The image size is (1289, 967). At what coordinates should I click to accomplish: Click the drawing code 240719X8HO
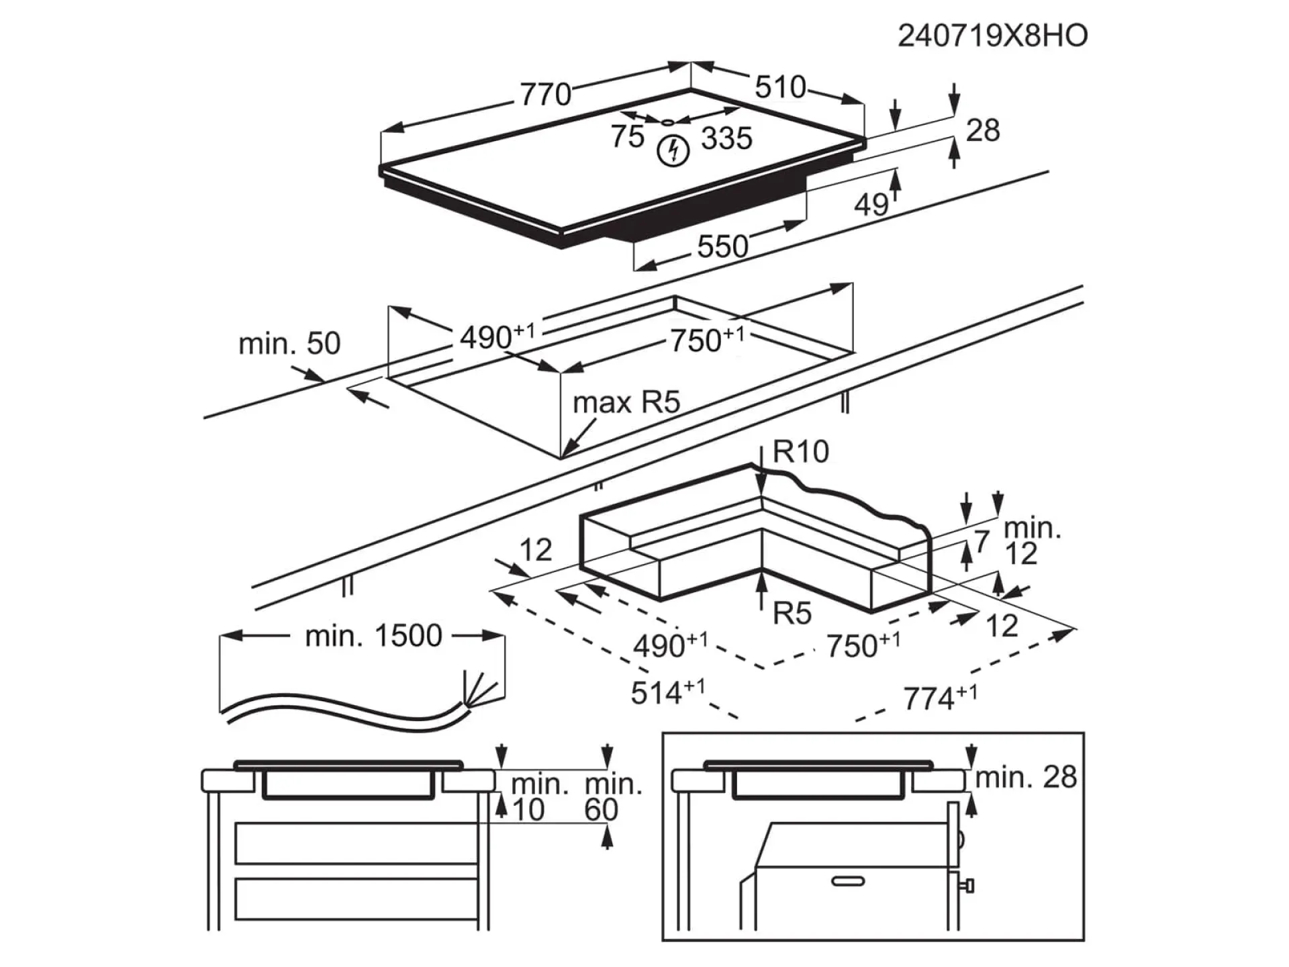point(992,36)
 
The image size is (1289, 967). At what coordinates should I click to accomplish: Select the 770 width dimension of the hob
point(545,95)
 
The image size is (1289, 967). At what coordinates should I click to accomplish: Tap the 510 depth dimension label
point(780,87)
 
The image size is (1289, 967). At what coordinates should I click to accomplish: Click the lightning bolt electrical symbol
point(673,151)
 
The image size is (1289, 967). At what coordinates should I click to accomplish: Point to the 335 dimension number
point(726,138)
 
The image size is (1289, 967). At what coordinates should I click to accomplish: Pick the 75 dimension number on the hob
point(627,136)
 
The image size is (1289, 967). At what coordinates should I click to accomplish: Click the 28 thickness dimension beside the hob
point(983,130)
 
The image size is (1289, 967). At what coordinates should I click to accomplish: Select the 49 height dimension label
point(871,204)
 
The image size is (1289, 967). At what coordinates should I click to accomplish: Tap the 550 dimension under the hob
point(722,246)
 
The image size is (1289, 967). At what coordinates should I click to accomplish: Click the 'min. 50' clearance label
point(289,344)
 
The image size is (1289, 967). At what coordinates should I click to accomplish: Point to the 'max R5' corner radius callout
point(626,403)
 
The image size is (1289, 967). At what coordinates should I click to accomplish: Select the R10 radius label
point(800,452)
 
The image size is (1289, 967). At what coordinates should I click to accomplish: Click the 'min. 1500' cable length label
point(373,636)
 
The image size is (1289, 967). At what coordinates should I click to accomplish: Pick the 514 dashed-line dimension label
point(667,692)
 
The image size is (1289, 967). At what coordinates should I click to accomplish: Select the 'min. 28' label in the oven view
point(1025,777)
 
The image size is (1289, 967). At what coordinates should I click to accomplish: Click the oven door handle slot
point(848,881)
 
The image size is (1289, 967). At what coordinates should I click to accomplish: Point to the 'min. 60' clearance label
point(612,797)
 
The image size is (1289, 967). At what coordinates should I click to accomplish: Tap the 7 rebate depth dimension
point(982,541)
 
